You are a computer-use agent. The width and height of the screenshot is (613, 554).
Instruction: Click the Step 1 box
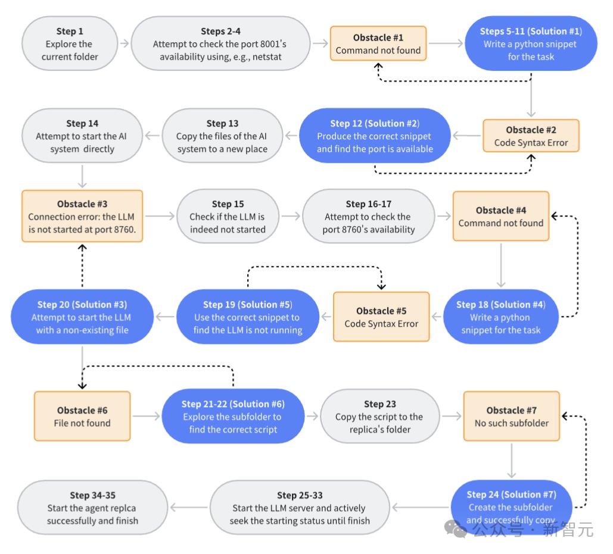tap(70, 43)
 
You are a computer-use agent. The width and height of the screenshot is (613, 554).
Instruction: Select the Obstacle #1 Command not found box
tap(378, 43)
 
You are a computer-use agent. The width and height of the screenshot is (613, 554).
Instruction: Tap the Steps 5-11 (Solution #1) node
tap(531, 43)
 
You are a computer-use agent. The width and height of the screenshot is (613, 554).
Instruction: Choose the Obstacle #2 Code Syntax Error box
tap(531, 136)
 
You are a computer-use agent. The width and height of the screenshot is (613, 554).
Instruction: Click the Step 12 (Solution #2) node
tap(375, 136)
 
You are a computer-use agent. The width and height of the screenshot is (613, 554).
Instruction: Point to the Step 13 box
tap(222, 136)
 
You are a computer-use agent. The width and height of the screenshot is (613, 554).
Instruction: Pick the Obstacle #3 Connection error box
tap(82, 216)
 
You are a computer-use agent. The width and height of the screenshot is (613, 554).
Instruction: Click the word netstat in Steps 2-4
tap(267, 57)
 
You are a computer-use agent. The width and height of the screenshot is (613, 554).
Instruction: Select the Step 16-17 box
tap(368, 216)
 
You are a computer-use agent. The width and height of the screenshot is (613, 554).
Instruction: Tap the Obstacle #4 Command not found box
tap(501, 216)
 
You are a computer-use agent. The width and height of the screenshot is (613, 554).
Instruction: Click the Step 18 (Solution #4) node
tap(501, 317)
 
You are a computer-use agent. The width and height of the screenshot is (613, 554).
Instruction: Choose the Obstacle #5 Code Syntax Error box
tap(381, 317)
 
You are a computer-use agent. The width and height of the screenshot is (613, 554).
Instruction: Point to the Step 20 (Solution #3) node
tap(82, 317)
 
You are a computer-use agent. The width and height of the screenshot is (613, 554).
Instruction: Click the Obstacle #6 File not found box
tap(82, 416)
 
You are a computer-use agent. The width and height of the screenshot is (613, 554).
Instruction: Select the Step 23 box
tap(379, 416)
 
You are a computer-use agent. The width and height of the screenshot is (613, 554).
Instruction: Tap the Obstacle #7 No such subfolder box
tap(511, 416)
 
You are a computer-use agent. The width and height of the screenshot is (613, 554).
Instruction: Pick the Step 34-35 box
tap(92, 508)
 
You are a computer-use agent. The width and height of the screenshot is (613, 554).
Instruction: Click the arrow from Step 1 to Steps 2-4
tap(125, 43)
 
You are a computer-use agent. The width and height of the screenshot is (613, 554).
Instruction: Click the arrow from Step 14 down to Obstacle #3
tap(82, 177)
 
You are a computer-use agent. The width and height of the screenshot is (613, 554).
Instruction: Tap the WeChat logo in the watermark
tap(456, 529)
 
